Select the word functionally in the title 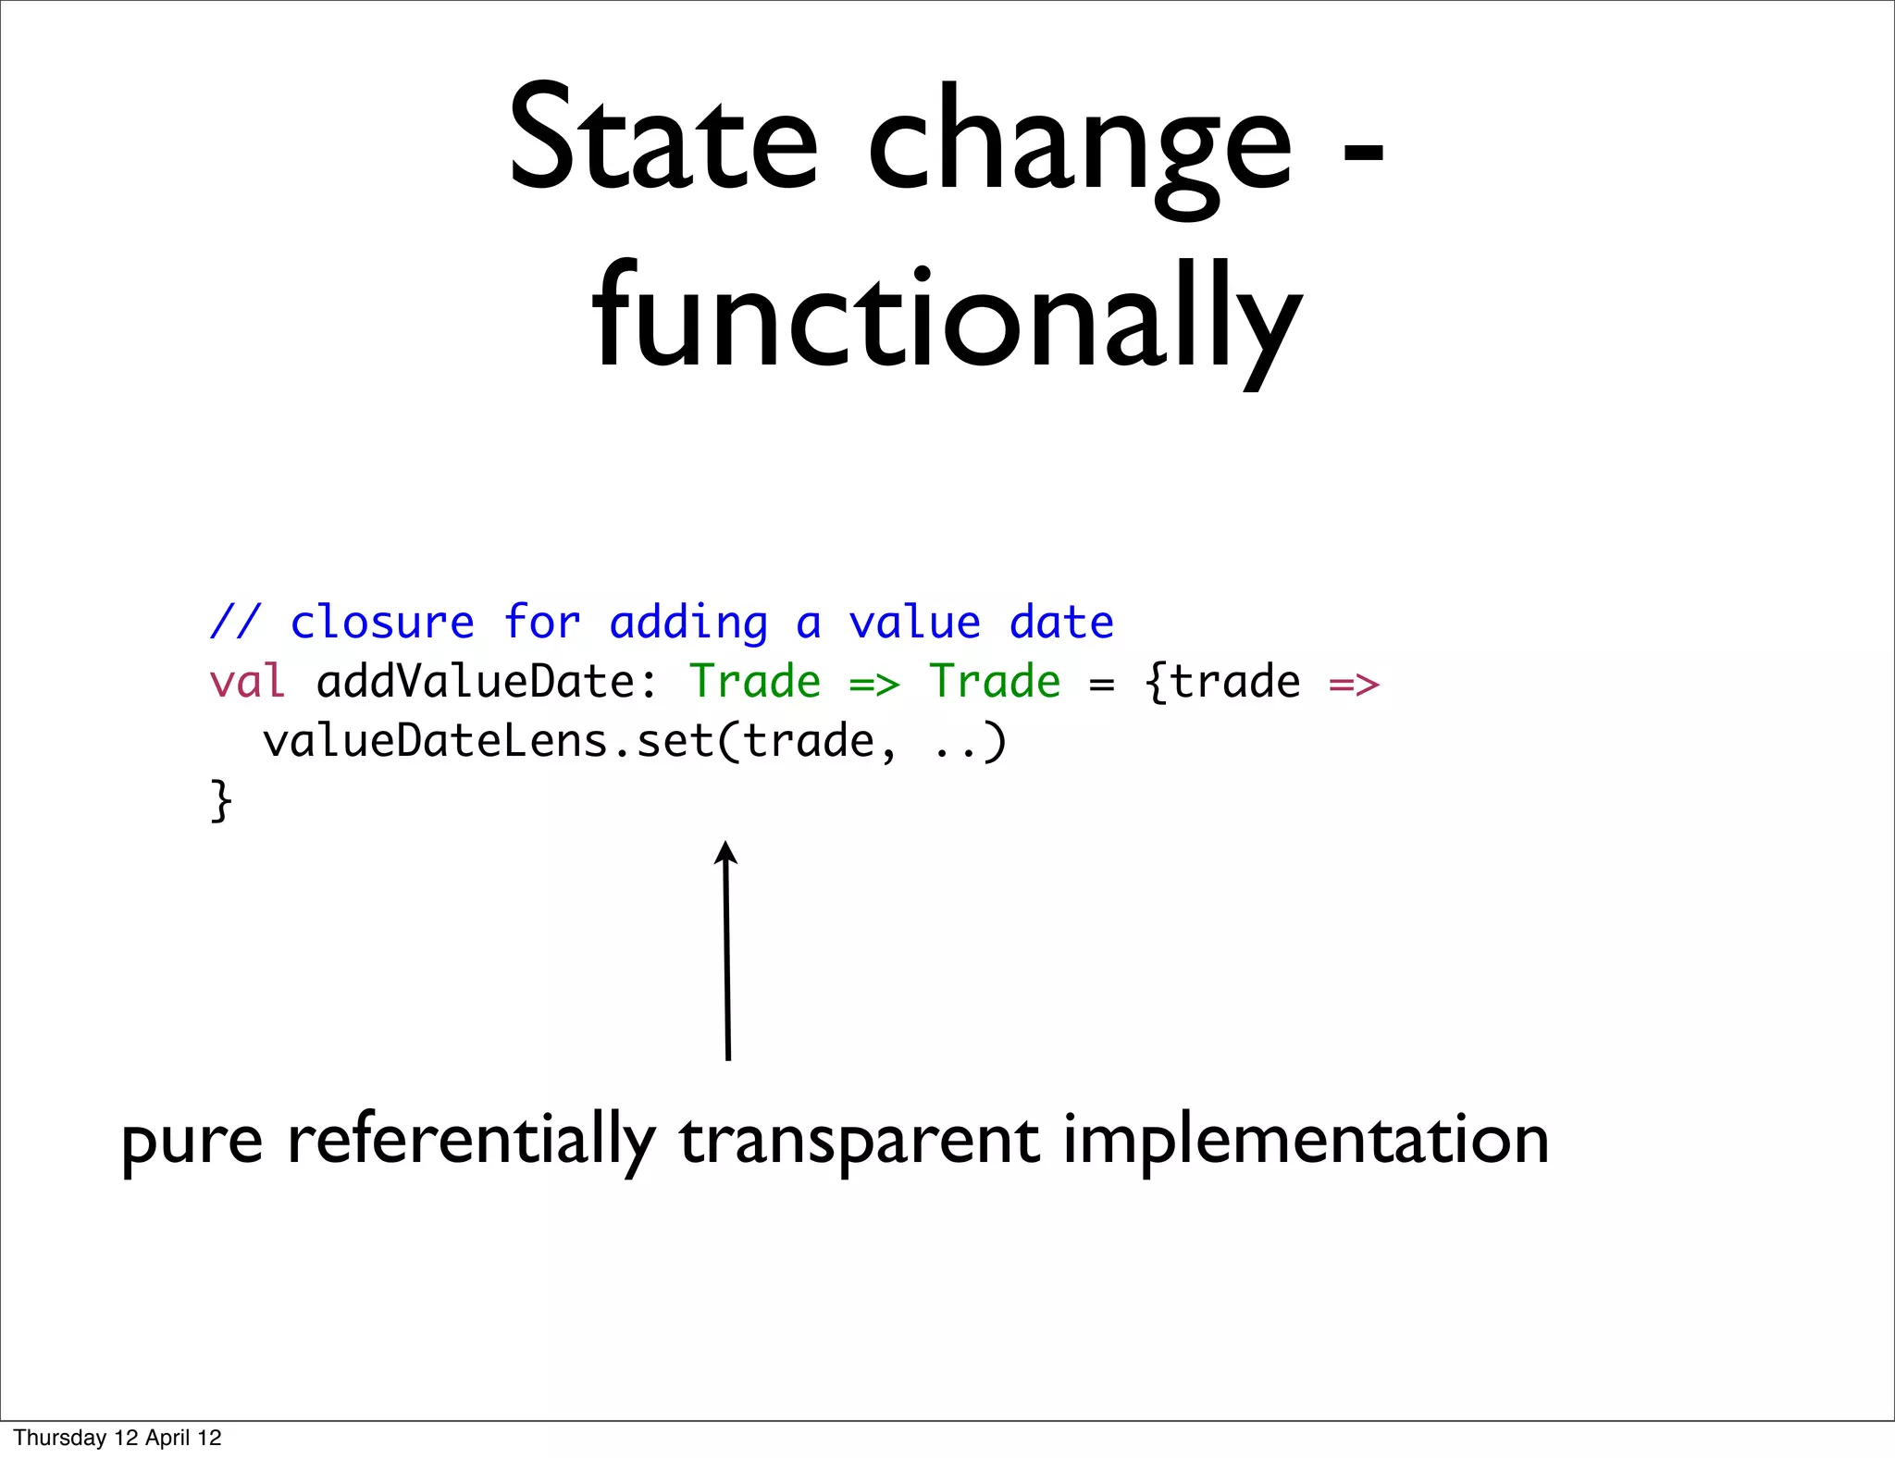[x=947, y=319]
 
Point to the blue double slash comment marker [x=235, y=622]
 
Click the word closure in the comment [x=382, y=622]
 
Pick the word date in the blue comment [x=1061, y=622]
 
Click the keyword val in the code [x=246, y=682]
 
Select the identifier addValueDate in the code [x=476, y=682]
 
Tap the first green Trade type [x=755, y=682]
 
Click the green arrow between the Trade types [x=874, y=685]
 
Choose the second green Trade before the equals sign [x=995, y=682]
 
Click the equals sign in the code [x=1101, y=685]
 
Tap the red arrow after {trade [x=1354, y=685]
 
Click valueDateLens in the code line [x=435, y=741]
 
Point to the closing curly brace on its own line [x=220, y=800]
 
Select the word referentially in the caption [x=471, y=1140]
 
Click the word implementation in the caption [x=1306, y=1140]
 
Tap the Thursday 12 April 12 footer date [x=118, y=1438]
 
